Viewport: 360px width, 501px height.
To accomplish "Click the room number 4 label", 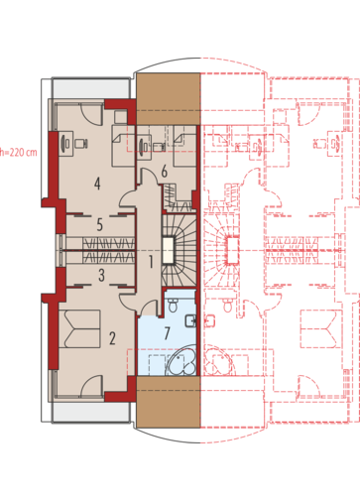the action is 97,184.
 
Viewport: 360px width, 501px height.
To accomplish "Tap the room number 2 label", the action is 112,338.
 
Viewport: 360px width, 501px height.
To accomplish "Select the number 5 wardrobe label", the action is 100,224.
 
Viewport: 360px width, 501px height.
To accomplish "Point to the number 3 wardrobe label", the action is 102,275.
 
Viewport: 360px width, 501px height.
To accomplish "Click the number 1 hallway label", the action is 151,262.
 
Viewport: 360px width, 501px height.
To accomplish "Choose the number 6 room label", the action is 165,172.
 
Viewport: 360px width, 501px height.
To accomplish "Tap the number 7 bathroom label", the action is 167,333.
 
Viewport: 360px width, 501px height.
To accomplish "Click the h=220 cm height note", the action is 19,153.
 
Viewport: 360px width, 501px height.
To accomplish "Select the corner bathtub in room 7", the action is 181,360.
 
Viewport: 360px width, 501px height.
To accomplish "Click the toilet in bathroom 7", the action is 173,306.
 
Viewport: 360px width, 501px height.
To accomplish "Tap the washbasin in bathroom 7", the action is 191,320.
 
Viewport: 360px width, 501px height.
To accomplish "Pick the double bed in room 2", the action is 79,328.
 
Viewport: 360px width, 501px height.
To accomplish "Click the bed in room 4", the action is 124,145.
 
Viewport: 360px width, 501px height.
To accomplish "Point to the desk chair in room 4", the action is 81,144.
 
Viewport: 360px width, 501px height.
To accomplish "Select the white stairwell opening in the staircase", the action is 168,250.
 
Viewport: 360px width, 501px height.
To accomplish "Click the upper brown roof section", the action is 169,99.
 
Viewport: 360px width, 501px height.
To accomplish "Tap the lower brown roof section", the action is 169,402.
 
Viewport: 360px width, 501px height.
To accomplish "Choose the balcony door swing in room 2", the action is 90,386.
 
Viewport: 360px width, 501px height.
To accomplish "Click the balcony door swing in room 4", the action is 90,114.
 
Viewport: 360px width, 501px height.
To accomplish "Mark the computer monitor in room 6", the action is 143,145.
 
